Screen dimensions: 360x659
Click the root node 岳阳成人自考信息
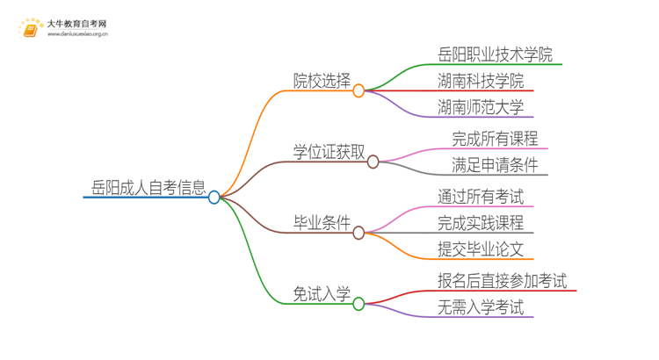point(148,187)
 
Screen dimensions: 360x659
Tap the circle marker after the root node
point(214,198)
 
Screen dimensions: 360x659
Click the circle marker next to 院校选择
point(358,90)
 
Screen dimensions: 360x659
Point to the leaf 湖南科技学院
point(481,81)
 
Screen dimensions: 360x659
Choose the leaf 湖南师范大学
point(481,107)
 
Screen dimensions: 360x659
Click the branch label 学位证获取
point(329,152)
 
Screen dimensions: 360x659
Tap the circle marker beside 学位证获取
point(373,162)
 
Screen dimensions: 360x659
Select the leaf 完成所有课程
point(495,139)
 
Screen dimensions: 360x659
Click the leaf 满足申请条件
point(495,165)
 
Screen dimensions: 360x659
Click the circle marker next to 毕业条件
point(358,233)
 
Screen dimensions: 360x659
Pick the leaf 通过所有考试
point(481,197)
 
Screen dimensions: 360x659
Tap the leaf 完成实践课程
point(481,223)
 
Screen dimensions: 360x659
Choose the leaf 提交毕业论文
point(481,249)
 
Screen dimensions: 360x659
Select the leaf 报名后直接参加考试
point(502,281)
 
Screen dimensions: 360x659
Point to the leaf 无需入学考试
point(481,307)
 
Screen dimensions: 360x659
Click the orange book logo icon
point(30,28)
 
